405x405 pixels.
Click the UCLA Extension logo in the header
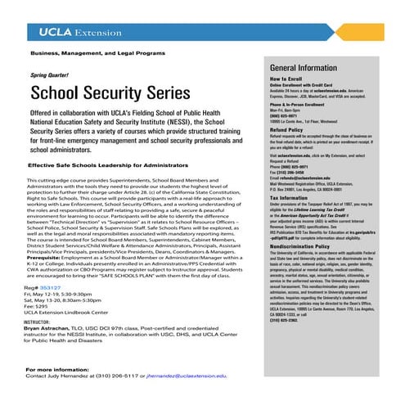[x=78, y=33]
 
